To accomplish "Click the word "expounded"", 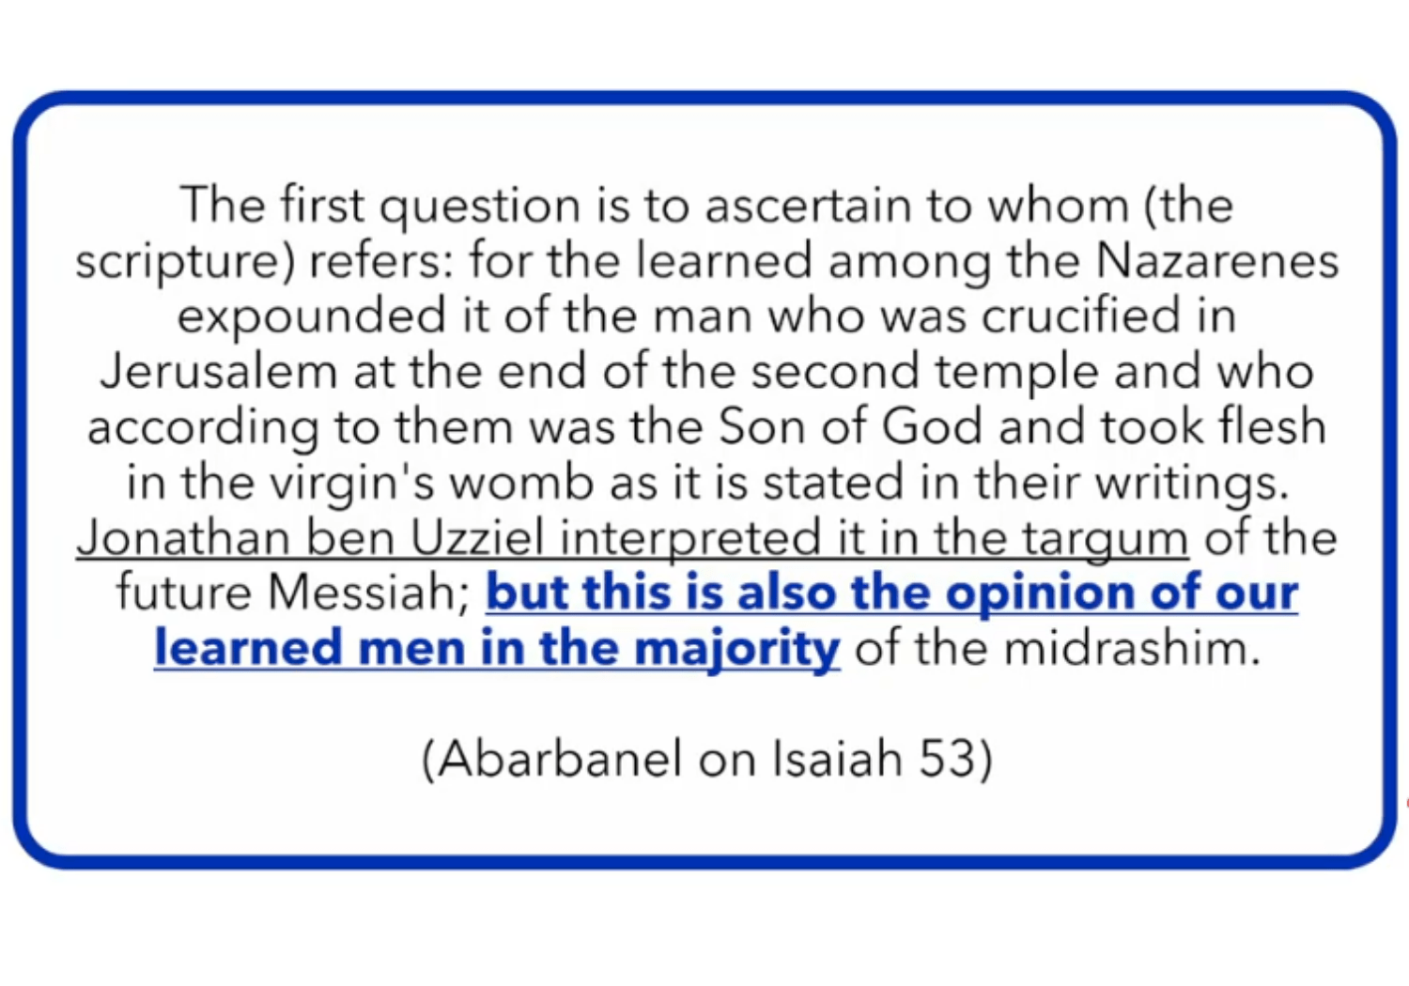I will (x=311, y=316).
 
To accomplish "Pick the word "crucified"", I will (x=1080, y=316).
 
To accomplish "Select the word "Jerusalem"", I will (x=219, y=371).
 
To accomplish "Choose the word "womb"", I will (x=520, y=483).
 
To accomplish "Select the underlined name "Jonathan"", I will (x=184, y=538).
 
